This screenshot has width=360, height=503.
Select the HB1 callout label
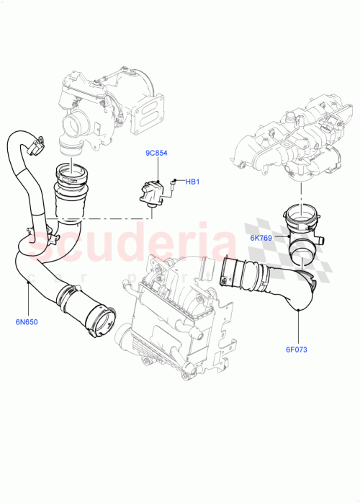click(x=192, y=182)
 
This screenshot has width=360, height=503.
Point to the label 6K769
click(x=261, y=237)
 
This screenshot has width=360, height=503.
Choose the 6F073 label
click(x=296, y=350)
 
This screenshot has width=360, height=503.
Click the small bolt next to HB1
click(x=174, y=182)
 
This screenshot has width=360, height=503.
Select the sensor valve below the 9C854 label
click(x=153, y=194)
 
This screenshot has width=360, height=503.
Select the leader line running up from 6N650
click(x=28, y=299)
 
